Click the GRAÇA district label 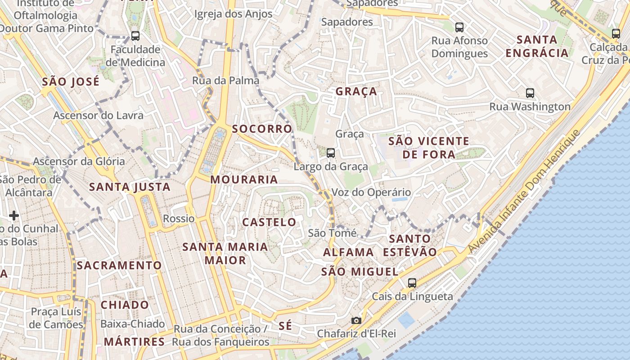click(356, 91)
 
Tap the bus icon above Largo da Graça click(331, 153)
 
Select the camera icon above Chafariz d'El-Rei click(356, 320)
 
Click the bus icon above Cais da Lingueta click(412, 283)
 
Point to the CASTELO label click(269, 222)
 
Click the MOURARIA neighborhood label click(244, 180)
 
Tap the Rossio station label click(179, 219)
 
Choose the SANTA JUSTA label click(130, 187)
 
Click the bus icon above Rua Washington click(530, 93)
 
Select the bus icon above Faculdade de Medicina click(135, 36)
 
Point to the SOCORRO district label click(262, 129)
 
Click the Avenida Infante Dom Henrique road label click(524, 191)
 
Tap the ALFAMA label click(348, 252)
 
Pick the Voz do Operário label click(371, 193)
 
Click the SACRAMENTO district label click(119, 265)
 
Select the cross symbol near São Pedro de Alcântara click(14, 216)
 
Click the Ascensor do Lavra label click(98, 115)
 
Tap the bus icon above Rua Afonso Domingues click(459, 27)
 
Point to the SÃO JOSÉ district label click(70, 82)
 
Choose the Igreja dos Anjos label click(233, 14)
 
